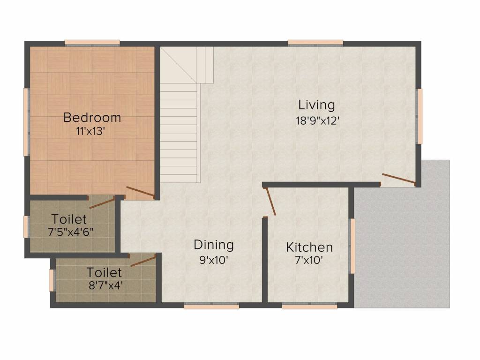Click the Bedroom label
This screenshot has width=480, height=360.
92,117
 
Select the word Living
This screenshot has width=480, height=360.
317,105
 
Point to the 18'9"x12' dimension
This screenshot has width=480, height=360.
317,120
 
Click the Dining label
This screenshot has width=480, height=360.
214,245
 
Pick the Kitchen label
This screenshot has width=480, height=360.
309,247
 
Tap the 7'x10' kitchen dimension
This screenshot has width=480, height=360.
309,261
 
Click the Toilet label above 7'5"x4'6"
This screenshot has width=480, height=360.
69,219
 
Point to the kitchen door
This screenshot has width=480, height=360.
270,202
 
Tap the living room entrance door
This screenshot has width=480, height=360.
398,179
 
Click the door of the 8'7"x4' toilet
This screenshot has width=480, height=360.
143,261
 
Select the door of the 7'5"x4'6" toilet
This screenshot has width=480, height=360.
102,202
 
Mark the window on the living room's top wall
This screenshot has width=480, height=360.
315,43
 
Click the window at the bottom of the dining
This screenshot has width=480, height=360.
211,306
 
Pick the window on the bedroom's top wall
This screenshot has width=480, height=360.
92,43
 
